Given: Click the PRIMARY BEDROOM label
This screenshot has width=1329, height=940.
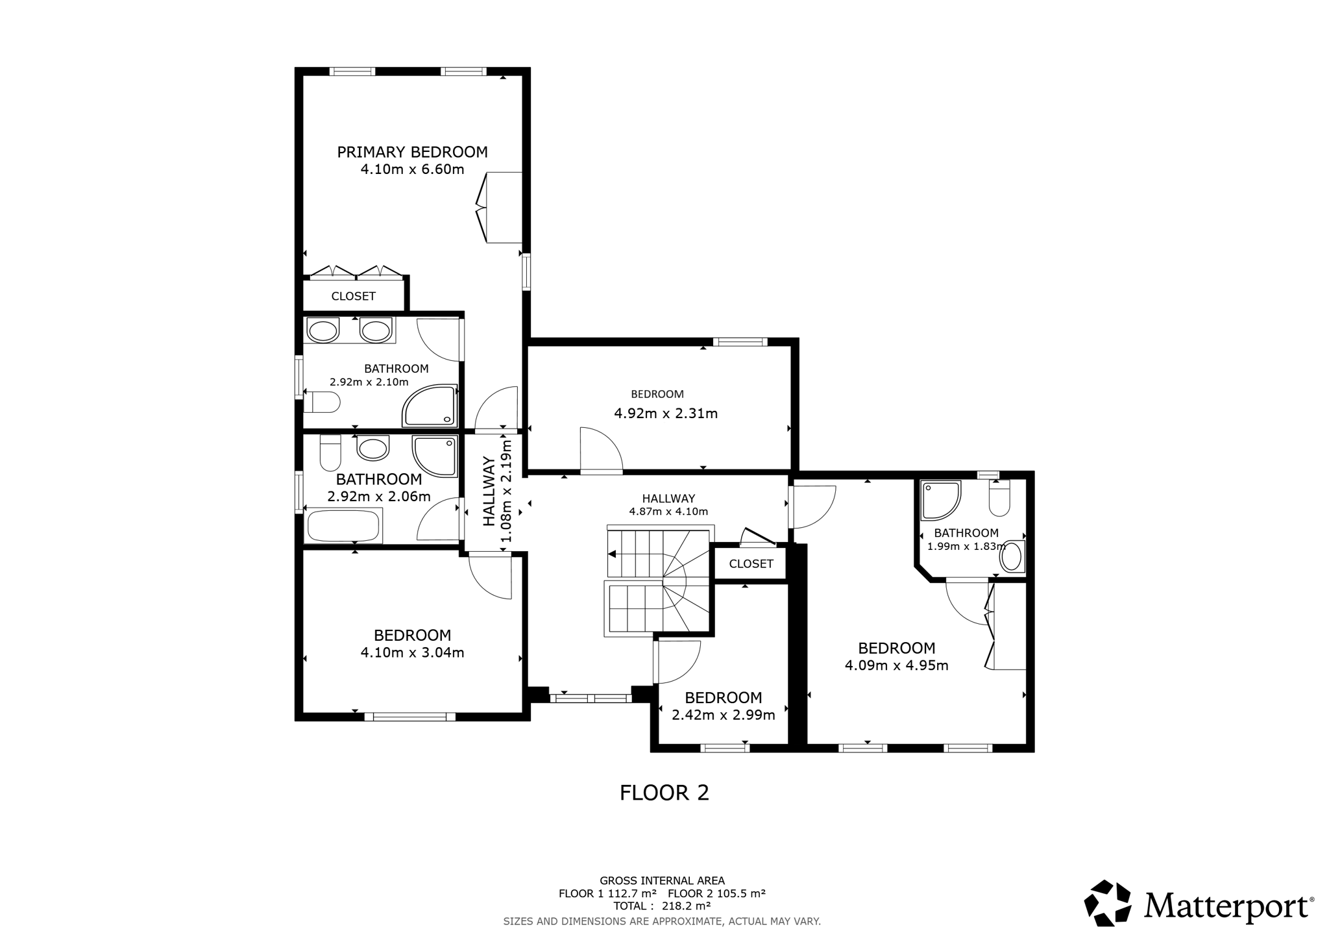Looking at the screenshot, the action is [412, 152].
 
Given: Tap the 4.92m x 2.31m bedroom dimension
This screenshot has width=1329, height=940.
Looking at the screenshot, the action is [666, 414].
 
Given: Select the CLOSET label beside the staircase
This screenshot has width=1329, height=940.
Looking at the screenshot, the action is [751, 563].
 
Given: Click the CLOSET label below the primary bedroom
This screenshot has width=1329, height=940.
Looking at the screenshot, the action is [353, 296].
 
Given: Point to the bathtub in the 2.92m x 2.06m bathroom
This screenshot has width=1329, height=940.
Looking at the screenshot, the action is [344, 525].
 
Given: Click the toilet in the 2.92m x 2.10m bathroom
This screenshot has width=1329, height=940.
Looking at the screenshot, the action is [322, 402].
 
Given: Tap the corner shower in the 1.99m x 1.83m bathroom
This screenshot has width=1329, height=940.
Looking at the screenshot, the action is [940, 501].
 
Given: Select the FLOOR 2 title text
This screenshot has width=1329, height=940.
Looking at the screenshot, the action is [664, 793].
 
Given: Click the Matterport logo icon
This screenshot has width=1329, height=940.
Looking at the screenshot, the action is [1108, 903].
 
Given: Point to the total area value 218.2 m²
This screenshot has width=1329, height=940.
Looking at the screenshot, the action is [686, 906].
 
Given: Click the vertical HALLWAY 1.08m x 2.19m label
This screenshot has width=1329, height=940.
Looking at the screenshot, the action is [498, 491].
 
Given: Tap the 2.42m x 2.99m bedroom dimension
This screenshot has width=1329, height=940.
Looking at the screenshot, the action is [724, 715].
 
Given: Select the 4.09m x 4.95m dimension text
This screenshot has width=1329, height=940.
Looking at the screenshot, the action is [897, 665].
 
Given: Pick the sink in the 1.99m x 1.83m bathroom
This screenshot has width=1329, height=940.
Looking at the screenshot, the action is [1011, 557].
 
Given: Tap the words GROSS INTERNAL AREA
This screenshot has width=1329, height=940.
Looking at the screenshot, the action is [662, 881].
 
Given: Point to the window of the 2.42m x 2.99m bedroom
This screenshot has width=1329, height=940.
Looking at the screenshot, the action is [725, 748].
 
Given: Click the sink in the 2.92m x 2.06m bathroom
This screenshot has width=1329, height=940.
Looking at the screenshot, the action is [373, 447].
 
